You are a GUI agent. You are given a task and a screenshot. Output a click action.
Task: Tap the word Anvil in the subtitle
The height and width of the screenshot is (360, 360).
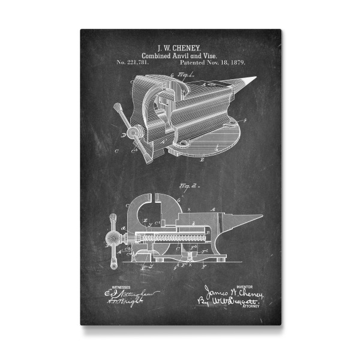pyautogui.click(x=181, y=55)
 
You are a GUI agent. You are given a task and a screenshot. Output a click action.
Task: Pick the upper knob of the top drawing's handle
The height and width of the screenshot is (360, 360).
pyautogui.click(x=118, y=107)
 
